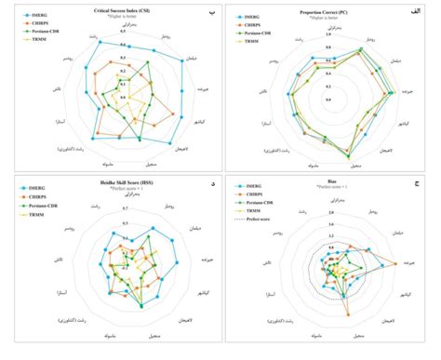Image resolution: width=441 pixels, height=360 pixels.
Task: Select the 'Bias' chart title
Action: point(332,187)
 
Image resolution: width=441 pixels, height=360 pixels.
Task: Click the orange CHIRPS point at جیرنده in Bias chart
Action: point(394,265)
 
